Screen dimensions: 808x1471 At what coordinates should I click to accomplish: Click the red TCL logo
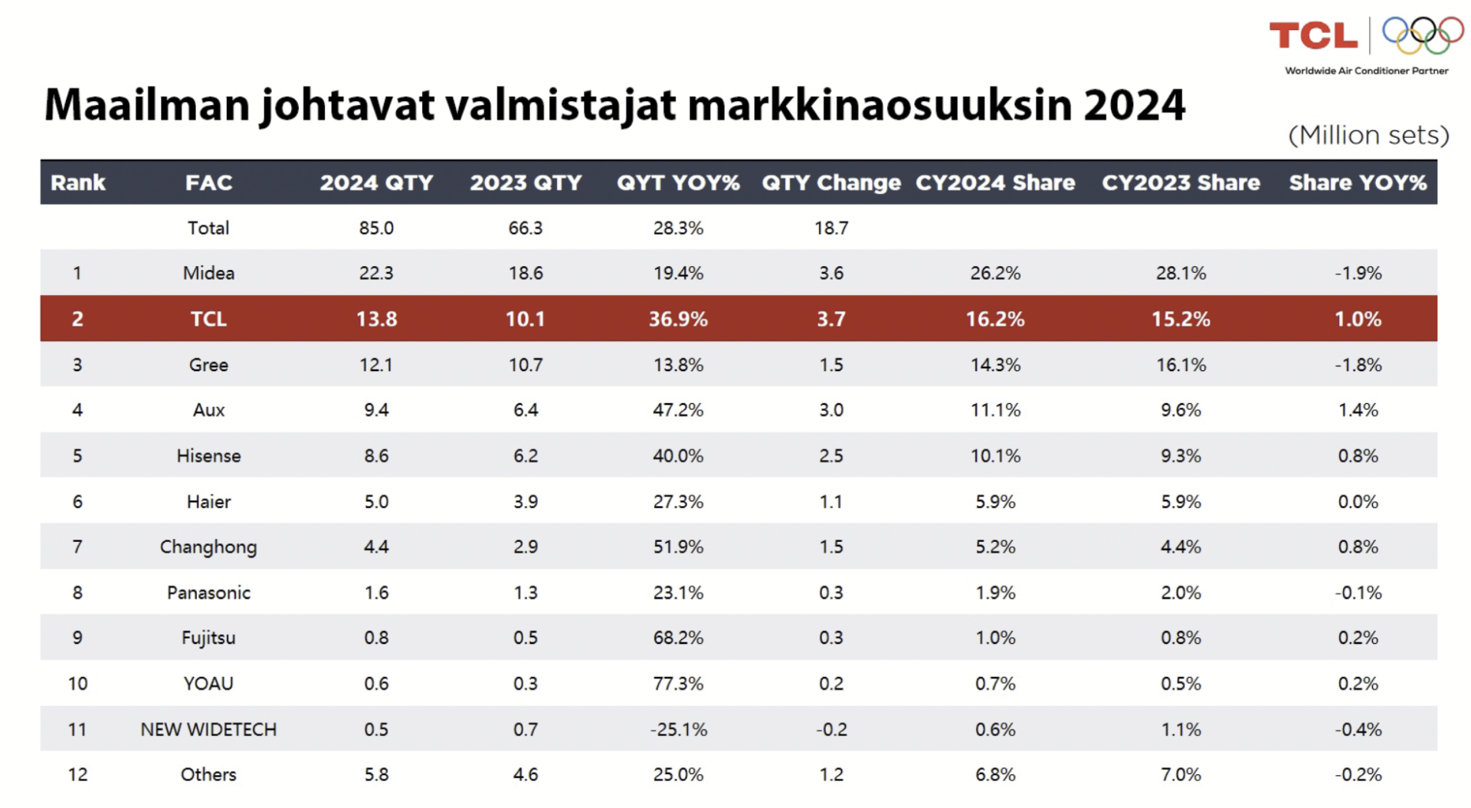click(x=1313, y=36)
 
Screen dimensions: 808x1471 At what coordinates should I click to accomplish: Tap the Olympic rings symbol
click(x=1422, y=35)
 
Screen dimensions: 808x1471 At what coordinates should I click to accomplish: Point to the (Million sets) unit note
click(x=1368, y=136)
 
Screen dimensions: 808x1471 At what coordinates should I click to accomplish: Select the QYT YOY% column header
click(x=678, y=182)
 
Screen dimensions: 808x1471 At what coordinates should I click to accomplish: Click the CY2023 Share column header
click(x=1181, y=182)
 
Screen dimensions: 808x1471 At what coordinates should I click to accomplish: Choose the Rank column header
click(x=77, y=182)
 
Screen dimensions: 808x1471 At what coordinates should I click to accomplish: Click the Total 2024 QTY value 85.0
click(x=376, y=228)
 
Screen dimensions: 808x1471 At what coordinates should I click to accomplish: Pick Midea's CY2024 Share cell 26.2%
click(x=995, y=273)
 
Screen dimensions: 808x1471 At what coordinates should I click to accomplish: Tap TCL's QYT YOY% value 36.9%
click(x=678, y=319)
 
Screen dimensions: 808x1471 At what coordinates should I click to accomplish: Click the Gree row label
click(x=208, y=365)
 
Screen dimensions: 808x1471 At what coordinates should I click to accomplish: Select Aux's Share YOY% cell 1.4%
click(x=1358, y=410)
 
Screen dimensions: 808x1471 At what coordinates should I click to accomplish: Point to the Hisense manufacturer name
click(x=208, y=456)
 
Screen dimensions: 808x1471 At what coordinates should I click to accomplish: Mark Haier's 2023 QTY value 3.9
click(x=526, y=501)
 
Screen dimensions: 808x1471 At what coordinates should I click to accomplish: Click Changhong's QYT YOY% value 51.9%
click(x=678, y=547)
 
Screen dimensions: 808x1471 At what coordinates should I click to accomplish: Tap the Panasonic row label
click(x=208, y=593)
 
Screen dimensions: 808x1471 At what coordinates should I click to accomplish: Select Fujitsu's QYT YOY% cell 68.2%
click(x=678, y=638)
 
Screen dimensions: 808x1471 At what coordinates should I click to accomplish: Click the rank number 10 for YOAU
click(x=77, y=683)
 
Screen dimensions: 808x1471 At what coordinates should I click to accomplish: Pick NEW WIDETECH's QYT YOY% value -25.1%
click(x=678, y=729)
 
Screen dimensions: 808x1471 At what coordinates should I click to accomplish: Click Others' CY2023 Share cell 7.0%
click(x=1181, y=774)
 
